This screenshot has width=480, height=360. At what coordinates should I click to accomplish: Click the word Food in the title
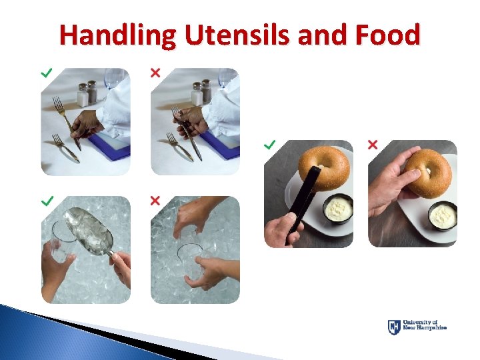click(x=388, y=35)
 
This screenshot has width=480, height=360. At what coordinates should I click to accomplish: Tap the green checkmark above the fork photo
click(x=47, y=71)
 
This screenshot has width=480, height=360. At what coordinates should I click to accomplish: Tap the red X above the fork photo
click(x=155, y=71)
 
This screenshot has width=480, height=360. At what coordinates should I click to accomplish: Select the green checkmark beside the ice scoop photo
click(x=47, y=200)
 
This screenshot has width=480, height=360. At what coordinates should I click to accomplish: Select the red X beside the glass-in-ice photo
click(x=155, y=200)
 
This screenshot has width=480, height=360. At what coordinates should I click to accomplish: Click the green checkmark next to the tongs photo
click(x=269, y=144)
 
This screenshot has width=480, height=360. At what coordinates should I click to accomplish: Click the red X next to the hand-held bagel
click(x=373, y=144)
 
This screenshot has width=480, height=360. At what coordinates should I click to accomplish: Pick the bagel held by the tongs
click(x=323, y=168)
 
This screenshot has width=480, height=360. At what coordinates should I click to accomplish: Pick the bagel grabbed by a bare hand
click(x=427, y=172)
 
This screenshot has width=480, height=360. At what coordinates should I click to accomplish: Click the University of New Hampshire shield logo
click(x=394, y=327)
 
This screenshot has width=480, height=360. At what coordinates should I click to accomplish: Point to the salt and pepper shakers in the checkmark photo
click(x=87, y=93)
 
